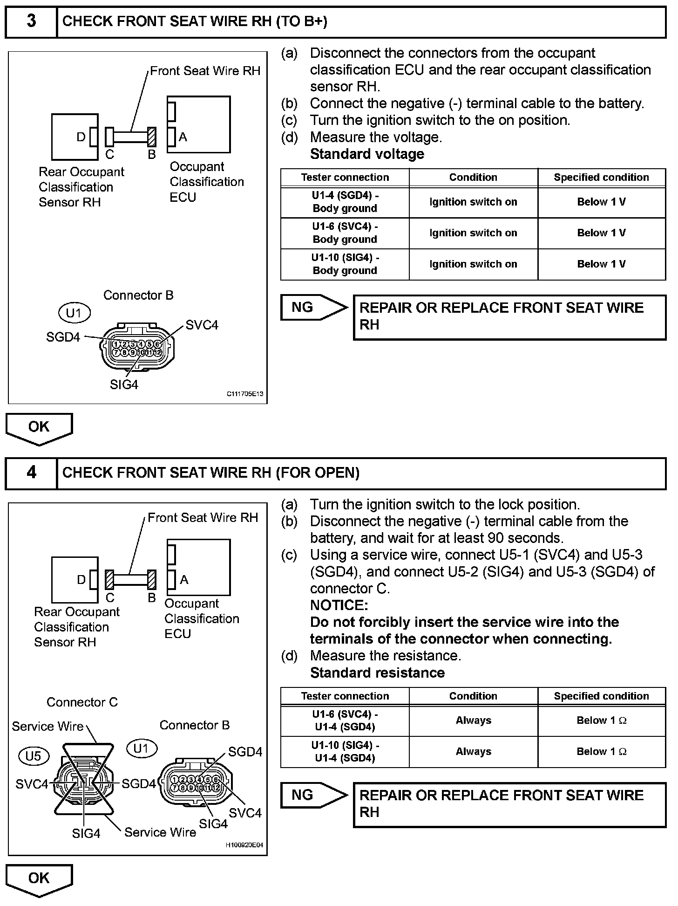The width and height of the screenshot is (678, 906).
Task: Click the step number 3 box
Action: tap(31, 21)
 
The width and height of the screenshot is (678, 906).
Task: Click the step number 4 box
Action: tap(31, 473)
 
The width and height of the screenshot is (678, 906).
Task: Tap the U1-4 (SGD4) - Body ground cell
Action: tap(345, 202)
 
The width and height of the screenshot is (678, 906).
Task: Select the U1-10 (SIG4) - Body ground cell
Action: tap(345, 264)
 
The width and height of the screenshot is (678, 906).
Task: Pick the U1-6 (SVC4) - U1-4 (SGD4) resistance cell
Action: tap(345, 721)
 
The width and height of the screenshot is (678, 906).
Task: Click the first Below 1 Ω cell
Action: tap(602, 721)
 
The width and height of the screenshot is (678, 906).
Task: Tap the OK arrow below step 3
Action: tap(39, 428)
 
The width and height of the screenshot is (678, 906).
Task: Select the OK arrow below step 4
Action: tap(39, 879)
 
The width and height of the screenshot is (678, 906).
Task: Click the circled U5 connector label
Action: tap(33, 756)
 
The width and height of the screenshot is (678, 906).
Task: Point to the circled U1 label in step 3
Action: tap(74, 313)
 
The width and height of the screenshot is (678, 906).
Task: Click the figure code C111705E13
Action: tap(245, 394)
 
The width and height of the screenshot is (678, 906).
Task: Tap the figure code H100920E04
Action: tap(244, 844)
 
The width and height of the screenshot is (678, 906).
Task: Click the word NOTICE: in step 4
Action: tap(339, 605)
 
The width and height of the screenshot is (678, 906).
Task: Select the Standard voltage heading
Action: tap(367, 154)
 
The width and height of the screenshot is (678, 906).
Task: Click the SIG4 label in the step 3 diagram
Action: tap(124, 384)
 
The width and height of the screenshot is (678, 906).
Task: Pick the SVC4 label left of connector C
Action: tap(32, 784)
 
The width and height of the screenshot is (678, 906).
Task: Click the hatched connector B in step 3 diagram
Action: tap(152, 137)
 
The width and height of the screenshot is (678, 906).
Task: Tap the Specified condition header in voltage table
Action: tap(601, 178)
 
